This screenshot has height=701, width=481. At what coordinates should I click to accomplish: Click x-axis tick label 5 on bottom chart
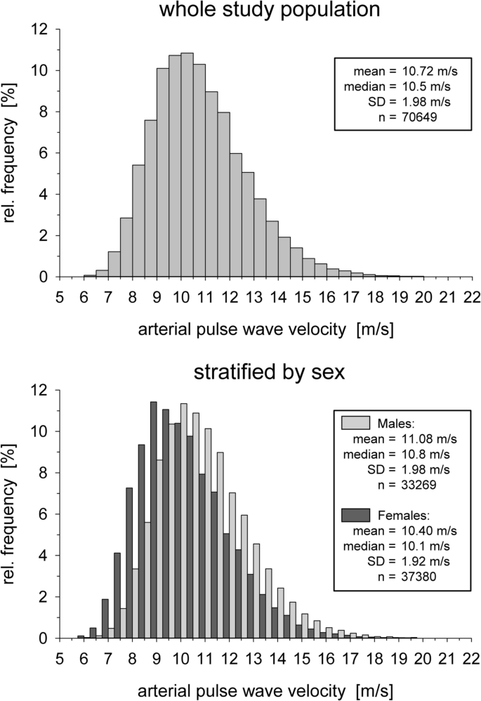(x=59, y=658)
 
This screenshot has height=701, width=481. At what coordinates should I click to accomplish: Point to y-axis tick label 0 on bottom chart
(x=44, y=638)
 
